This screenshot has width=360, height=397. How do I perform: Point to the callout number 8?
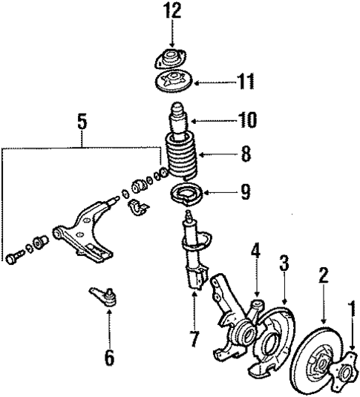point(245,156)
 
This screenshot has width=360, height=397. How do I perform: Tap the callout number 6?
point(109,358)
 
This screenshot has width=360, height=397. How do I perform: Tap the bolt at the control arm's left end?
point(13,258)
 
